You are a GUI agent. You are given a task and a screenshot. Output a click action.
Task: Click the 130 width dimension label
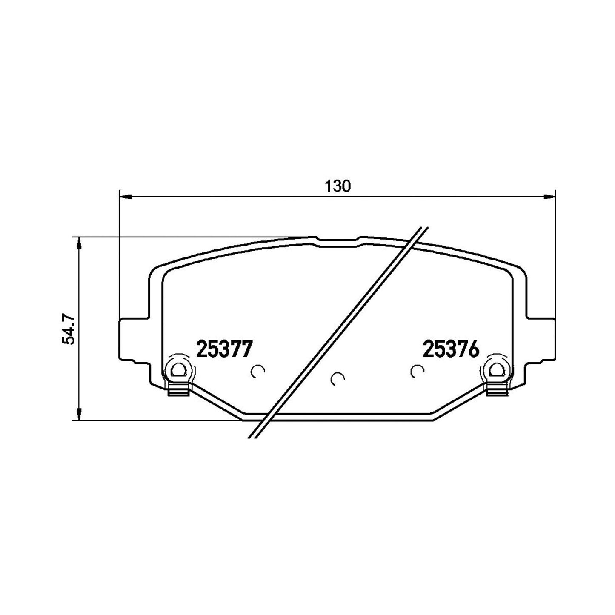click(338, 186)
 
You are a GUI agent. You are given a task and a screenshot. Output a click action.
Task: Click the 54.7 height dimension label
click(68, 330)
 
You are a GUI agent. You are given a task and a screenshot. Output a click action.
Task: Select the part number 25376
click(451, 349)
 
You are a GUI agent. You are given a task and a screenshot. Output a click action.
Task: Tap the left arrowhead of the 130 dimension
click(125, 197)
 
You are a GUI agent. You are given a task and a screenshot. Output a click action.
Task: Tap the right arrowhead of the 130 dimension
click(549, 197)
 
